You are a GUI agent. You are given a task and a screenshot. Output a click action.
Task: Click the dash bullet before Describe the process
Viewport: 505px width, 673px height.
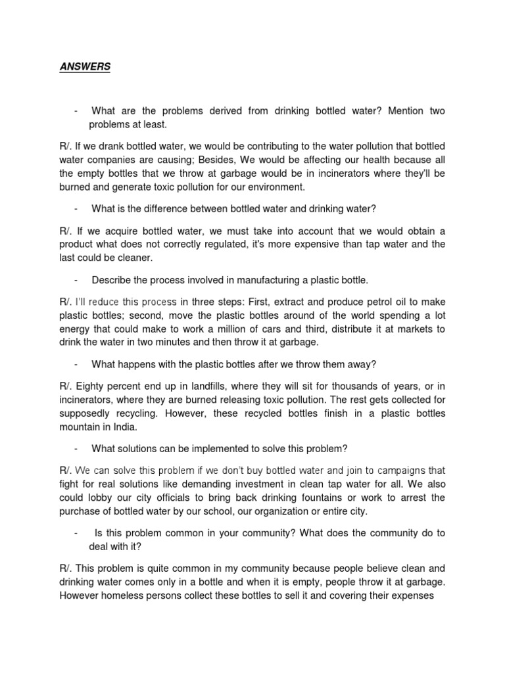[77, 280]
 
